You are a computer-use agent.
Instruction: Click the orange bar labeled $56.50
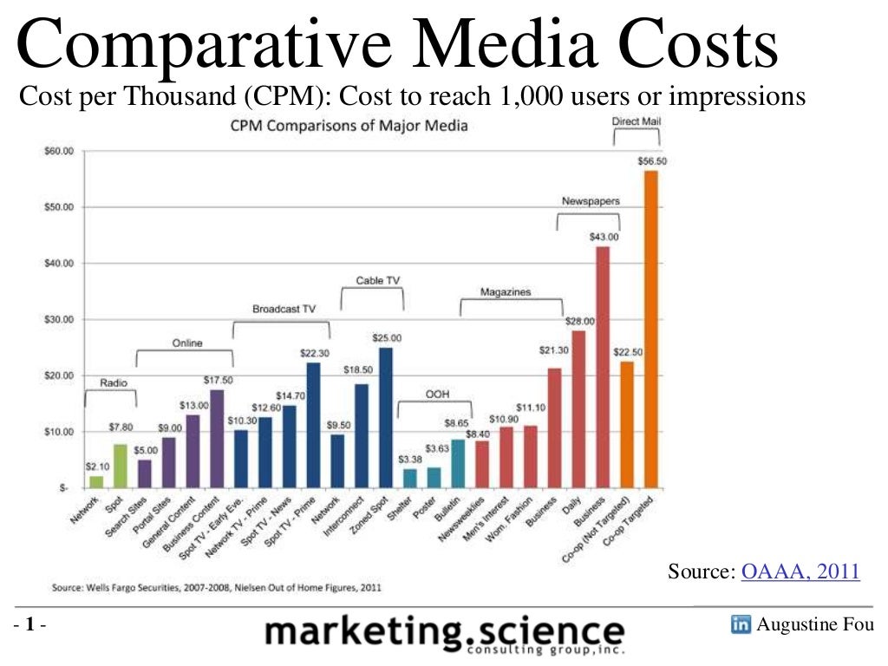click(650, 329)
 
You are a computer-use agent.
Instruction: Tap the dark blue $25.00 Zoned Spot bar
click(385, 417)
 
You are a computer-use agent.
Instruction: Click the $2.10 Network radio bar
click(95, 481)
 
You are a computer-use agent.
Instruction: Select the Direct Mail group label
click(636, 121)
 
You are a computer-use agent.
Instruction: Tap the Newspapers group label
click(590, 200)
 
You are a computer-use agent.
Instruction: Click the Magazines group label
click(506, 292)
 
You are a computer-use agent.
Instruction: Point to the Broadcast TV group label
click(284, 309)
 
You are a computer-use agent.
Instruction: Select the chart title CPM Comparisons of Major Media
click(348, 126)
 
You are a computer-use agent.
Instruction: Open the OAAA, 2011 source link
click(800, 571)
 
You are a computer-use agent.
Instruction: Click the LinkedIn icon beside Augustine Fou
click(741, 625)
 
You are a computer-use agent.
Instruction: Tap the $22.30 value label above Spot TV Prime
click(313, 353)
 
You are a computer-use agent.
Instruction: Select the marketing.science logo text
click(444, 633)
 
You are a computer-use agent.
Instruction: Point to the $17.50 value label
click(218, 380)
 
